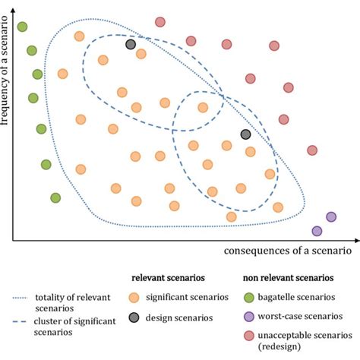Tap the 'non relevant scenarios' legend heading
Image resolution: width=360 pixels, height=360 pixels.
(x=286, y=278)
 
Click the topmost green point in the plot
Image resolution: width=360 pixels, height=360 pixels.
(x=23, y=27)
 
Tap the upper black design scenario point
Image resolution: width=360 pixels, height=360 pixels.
(x=131, y=45)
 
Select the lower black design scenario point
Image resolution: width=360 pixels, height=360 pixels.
(x=245, y=134)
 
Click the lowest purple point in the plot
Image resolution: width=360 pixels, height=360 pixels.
(x=317, y=231)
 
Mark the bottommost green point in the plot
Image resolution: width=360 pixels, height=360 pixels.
(x=55, y=198)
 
